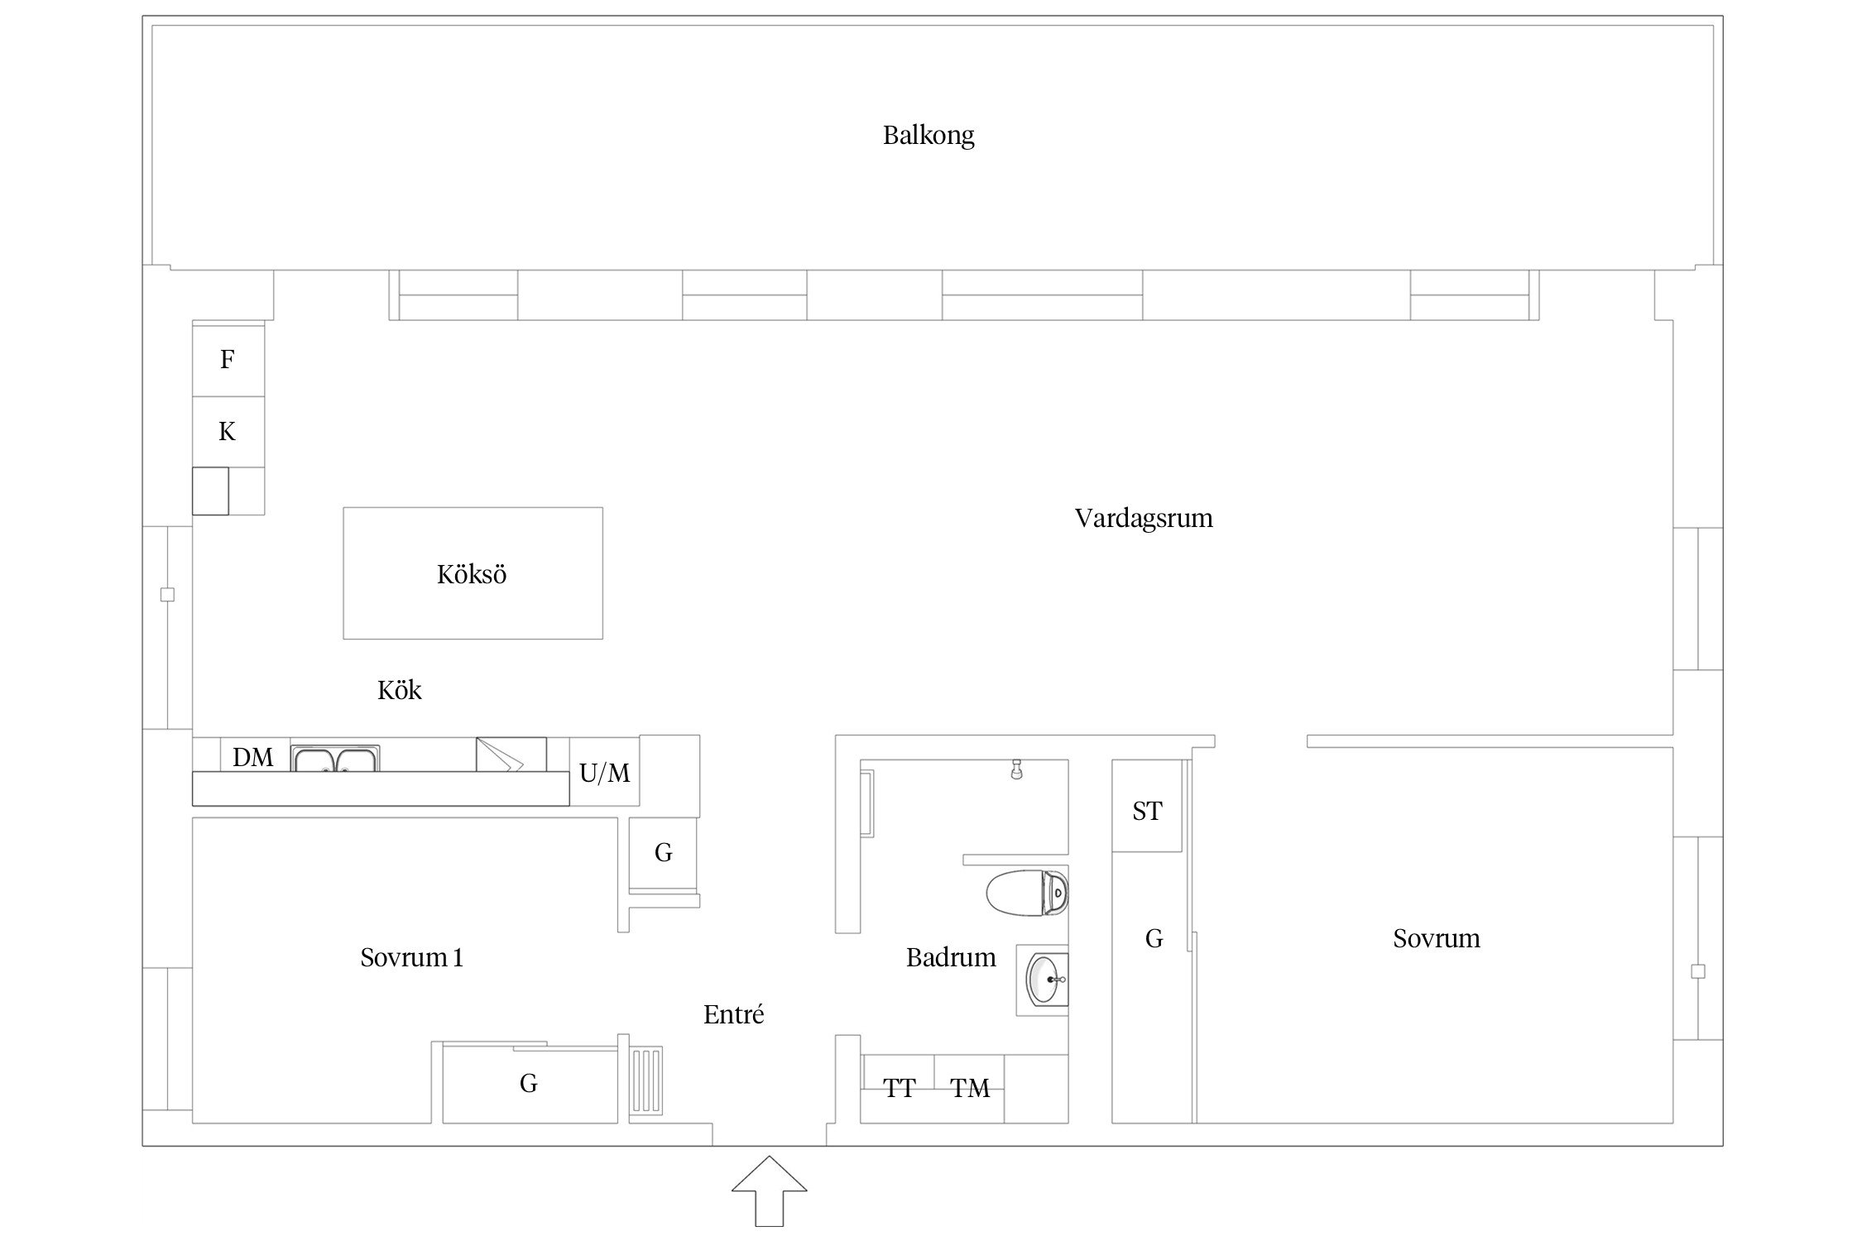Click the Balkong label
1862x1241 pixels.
pyautogui.click(x=929, y=136)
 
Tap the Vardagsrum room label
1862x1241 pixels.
pyautogui.click(x=1144, y=519)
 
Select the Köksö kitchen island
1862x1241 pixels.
pyautogui.click(x=473, y=573)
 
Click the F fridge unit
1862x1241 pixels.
pyautogui.click(x=228, y=361)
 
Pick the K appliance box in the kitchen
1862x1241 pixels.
pyautogui.click(x=228, y=432)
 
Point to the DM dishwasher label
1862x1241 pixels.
pyautogui.click(x=253, y=757)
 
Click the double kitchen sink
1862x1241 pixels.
pyautogui.click(x=335, y=759)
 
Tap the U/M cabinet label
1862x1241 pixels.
pyautogui.click(x=605, y=773)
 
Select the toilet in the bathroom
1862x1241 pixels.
pyautogui.click(x=1027, y=893)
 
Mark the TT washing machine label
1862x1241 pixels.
pyautogui.click(x=899, y=1088)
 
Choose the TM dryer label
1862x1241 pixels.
pyautogui.click(x=970, y=1088)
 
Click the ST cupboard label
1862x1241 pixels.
pyautogui.click(x=1147, y=812)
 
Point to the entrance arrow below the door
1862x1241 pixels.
pyautogui.click(x=770, y=1191)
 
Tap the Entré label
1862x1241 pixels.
pyautogui.click(x=733, y=1015)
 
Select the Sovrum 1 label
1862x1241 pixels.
pyautogui.click(x=411, y=958)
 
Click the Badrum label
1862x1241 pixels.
pyautogui.click(x=951, y=958)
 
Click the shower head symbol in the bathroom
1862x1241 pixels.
pyautogui.click(x=1017, y=770)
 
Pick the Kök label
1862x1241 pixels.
pyautogui.click(x=400, y=690)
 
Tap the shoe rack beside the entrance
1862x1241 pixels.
pyautogui.click(x=646, y=1080)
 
